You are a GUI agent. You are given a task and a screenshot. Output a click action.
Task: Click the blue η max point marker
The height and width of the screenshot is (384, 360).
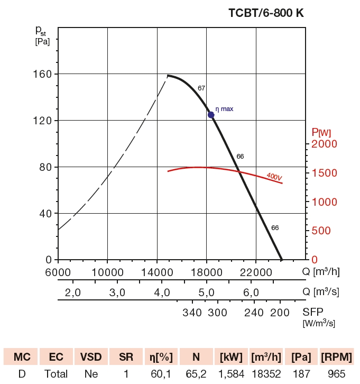pyautogui.click(x=211, y=115)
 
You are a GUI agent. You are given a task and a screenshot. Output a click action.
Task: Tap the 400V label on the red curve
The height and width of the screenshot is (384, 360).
pyautogui.click(x=274, y=176)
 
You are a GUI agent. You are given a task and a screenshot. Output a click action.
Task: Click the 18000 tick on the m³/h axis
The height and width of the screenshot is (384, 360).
pyautogui.click(x=206, y=272)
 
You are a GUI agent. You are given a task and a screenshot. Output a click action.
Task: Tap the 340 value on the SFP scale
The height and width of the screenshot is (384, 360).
pyautogui.click(x=192, y=312)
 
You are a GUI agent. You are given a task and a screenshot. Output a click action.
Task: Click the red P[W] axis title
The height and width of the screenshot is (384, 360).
pyautogui.click(x=321, y=132)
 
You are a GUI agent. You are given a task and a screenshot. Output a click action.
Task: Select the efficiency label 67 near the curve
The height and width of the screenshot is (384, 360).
pyautogui.click(x=201, y=88)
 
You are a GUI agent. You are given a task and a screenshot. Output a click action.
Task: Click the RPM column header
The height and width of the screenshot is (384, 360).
pyautogui.click(x=336, y=357)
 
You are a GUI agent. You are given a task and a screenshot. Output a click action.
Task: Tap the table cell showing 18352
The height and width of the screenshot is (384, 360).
pyautogui.click(x=265, y=374)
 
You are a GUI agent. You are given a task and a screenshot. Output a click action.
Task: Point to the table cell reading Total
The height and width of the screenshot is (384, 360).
pyautogui.click(x=56, y=374)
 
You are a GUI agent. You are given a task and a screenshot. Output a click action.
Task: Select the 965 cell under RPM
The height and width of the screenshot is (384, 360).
pyautogui.click(x=336, y=374)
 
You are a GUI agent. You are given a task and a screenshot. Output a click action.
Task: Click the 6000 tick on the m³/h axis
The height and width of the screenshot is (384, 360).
pyautogui.click(x=58, y=272)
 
